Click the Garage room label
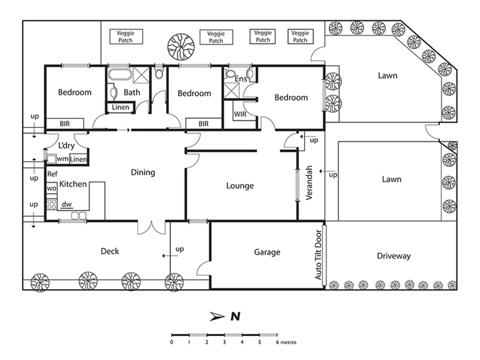267,252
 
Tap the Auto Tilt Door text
318,255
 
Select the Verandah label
309,183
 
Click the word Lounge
240,186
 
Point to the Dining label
143,172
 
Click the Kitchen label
73,184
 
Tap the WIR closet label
240,114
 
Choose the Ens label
241,79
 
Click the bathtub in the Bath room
120,74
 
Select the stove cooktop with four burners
52,204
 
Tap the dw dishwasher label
67,204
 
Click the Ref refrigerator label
52,174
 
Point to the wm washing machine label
62,159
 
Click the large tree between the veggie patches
181,47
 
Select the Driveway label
394,256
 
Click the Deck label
110,251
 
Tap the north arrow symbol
217,316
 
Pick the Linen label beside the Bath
121,107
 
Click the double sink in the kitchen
79,216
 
